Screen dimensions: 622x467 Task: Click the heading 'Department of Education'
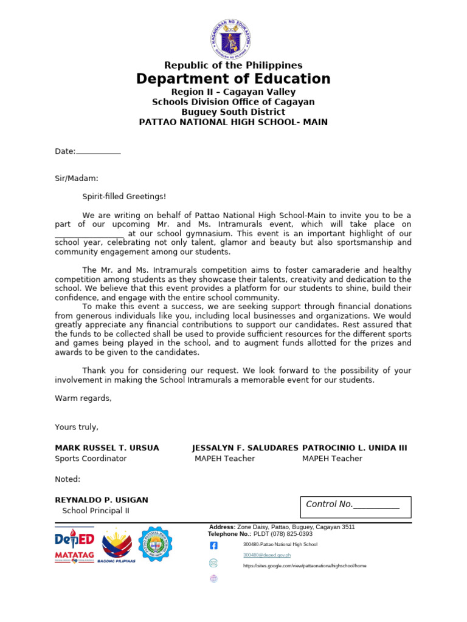point(233,79)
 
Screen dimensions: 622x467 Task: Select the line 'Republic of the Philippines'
point(233,65)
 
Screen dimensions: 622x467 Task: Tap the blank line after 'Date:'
point(99,151)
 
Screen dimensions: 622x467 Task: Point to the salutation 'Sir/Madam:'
point(76,179)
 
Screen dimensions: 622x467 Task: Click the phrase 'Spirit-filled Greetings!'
point(124,197)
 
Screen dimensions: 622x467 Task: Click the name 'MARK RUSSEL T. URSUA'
point(107,448)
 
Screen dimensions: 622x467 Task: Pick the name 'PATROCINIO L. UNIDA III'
point(355,448)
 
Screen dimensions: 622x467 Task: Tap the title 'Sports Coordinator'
point(91,459)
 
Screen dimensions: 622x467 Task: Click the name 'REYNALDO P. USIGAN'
point(102,500)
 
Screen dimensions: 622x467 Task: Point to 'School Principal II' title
point(95,511)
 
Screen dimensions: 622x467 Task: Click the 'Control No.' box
point(356,507)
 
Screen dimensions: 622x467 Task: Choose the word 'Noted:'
point(67,479)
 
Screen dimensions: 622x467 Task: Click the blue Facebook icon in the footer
point(213,545)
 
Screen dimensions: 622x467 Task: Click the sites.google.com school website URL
point(305,566)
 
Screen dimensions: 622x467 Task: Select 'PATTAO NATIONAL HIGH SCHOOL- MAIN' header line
point(233,122)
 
